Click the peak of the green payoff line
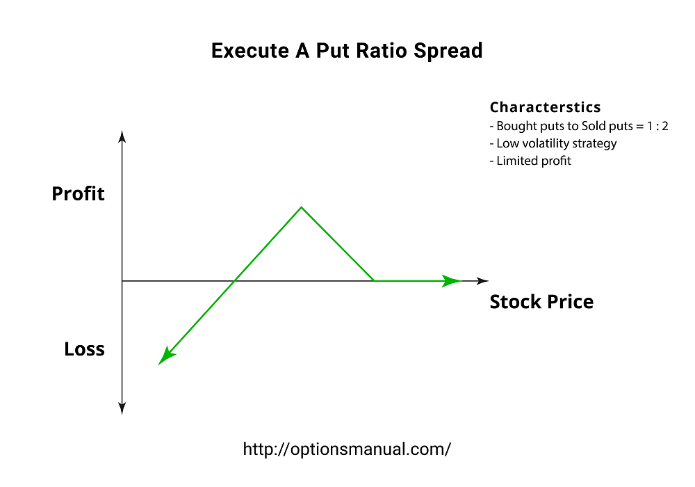pos(301,207)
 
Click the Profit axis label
pos(78,194)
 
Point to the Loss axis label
pos(84,349)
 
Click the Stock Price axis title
pos(541,302)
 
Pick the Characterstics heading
pos(545,107)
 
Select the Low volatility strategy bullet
pos(553,143)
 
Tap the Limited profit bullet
pos(530,161)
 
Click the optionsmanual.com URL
pos(347,449)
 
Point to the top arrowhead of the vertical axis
pos(122,135)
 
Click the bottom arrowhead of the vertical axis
pos(122,409)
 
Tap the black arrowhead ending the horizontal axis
pos(482,281)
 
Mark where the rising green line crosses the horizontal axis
pos(236,281)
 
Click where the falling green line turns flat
pos(375,281)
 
